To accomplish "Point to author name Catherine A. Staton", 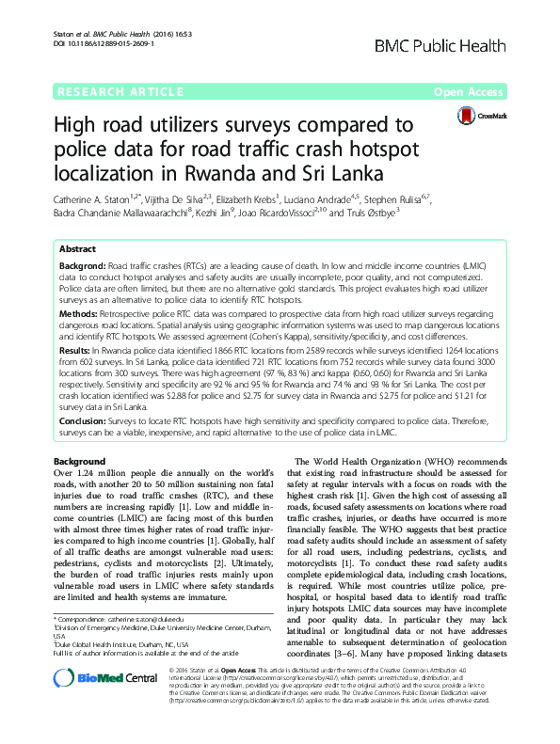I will [100, 200].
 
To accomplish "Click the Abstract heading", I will [77, 250].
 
